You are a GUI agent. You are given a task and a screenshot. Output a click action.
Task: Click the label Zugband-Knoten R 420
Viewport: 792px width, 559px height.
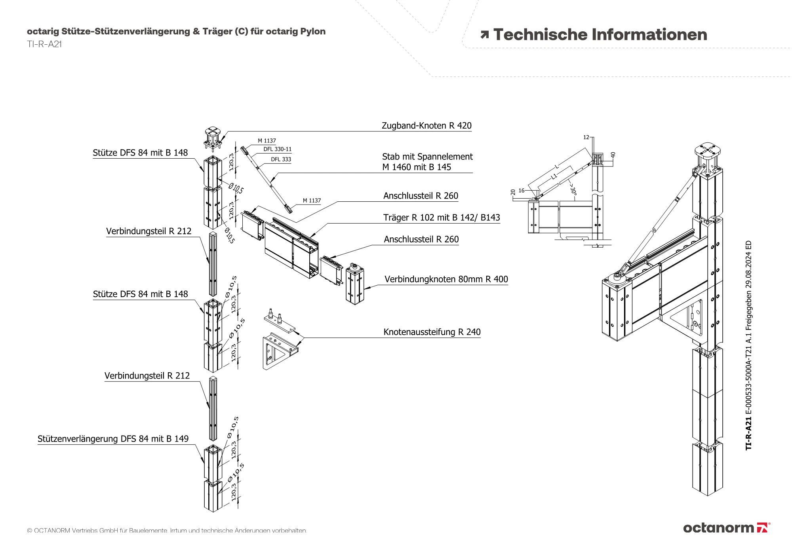click(426, 126)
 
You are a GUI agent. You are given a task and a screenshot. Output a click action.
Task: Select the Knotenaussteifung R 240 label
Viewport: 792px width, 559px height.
click(432, 332)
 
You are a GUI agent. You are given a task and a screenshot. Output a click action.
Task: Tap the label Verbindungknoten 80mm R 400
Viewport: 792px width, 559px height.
click(446, 279)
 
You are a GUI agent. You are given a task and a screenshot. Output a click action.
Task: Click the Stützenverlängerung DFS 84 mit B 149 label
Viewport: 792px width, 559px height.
click(113, 439)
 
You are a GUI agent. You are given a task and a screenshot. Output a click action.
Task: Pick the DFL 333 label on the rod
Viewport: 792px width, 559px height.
click(281, 159)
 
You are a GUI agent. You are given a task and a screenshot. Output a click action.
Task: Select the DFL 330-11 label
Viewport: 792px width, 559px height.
click(278, 149)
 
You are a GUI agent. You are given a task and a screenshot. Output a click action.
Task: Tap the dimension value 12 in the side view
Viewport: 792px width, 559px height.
click(586, 137)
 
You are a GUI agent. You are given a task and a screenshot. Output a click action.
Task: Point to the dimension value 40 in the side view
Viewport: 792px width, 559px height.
click(613, 155)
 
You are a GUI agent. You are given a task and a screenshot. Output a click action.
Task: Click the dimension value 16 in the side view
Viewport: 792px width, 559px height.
click(522, 191)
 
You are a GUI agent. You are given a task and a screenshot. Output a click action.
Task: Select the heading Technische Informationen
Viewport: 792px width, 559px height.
click(600, 35)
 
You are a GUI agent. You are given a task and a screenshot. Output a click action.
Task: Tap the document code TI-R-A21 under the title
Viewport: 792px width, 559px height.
click(44, 44)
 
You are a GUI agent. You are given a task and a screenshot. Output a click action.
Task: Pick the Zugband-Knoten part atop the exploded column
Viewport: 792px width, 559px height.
click(214, 139)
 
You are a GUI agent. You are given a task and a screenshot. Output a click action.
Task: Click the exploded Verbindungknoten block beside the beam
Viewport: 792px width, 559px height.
click(355, 283)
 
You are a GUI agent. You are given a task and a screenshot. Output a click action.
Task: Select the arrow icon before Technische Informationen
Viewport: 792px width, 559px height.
click(484, 35)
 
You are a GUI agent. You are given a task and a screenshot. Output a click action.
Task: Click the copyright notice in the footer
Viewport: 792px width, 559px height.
click(167, 531)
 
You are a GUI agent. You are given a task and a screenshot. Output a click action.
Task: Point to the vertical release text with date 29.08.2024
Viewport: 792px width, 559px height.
click(748, 345)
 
